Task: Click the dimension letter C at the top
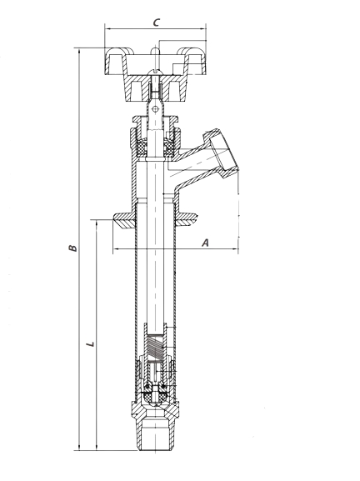tap(157, 23)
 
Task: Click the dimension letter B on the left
tap(72, 248)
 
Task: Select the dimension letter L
tap(91, 343)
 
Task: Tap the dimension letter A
tap(206, 243)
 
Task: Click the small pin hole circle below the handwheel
tap(155, 109)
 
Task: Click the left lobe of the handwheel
tap(116, 61)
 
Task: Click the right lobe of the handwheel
tap(192, 61)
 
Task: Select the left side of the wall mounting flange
tap(124, 219)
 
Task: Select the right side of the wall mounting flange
tap(186, 219)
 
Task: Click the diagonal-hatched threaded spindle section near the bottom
tap(156, 346)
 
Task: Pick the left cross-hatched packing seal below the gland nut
tap(142, 148)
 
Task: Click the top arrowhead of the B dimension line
tap(80, 51)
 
